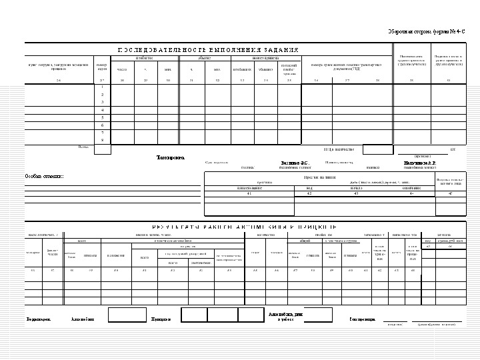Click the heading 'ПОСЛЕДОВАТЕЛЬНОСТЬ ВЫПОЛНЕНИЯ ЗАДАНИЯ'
pyautogui.click(x=208, y=50)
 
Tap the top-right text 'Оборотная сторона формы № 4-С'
pyautogui.click(x=430, y=32)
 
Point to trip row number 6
pyautogui.click(x=102, y=125)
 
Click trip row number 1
pyautogui.click(x=102, y=87)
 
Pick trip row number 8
pyautogui.click(x=102, y=140)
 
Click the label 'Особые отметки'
pyautogui.click(x=44, y=176)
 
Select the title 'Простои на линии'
pyautogui.click(x=319, y=177)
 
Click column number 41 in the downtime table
pyautogui.click(x=249, y=193)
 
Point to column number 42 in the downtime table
pyautogui.click(x=309, y=193)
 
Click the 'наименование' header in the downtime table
pyautogui.click(x=249, y=188)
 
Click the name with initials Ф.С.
pyautogui.click(x=293, y=163)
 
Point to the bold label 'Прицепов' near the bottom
pyautogui.click(x=161, y=319)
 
